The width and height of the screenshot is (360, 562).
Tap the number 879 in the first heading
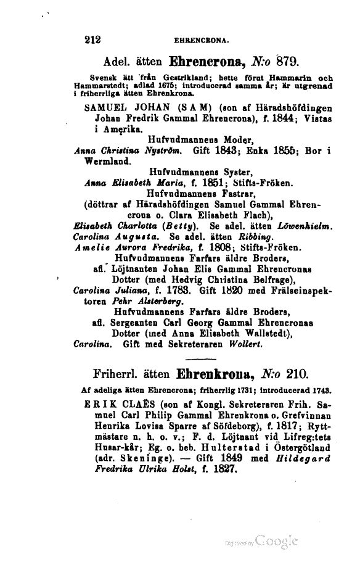282,61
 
